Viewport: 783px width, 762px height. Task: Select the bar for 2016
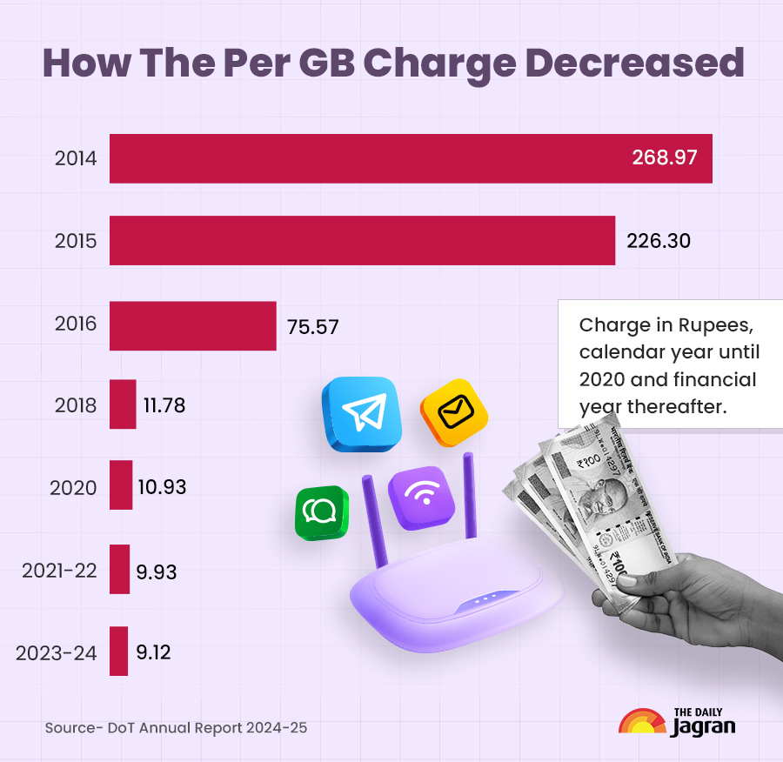coord(192,326)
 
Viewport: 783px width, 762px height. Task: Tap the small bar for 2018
coord(123,404)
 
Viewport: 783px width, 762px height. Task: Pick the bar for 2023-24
coord(118,651)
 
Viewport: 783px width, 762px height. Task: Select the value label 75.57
coord(312,327)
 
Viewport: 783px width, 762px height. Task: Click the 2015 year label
coord(76,241)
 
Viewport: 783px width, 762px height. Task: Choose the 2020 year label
coord(73,488)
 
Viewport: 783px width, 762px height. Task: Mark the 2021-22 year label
coord(59,570)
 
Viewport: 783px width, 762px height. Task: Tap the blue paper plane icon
coord(361,414)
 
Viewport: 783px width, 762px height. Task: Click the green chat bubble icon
coord(321,513)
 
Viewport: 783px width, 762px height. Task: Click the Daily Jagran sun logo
coord(642,722)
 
